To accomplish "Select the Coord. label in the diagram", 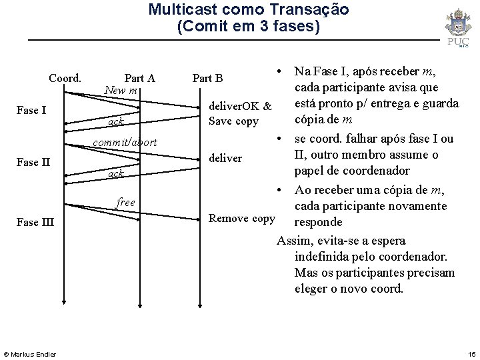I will pyautogui.click(x=65, y=78).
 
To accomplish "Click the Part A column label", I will pyautogui.click(x=140, y=78).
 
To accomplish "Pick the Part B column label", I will pyautogui.click(x=208, y=78).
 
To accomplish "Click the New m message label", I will pyautogui.click(x=121, y=89).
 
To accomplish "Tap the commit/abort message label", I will pyautogui.click(x=125, y=142).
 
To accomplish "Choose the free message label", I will pyautogui.click(x=125, y=202).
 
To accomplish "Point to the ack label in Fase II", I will pyautogui.click(x=116, y=173).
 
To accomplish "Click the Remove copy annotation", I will pyautogui.click(x=241, y=218).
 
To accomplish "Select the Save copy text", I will pyautogui.click(x=233, y=121).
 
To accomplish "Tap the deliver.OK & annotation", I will pyautogui.click(x=241, y=107).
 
